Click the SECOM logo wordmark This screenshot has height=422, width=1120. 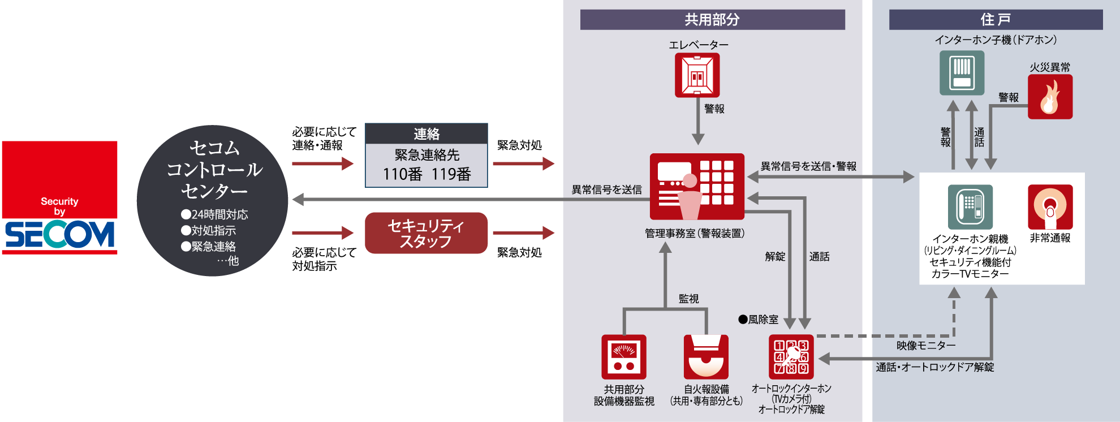(x=60, y=234)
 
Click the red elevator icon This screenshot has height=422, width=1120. (x=697, y=75)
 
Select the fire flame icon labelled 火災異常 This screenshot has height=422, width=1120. (x=1050, y=97)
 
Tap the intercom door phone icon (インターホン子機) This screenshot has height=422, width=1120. (x=962, y=73)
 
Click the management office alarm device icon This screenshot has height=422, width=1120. (x=697, y=186)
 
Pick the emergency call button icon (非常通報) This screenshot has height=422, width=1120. (x=1050, y=206)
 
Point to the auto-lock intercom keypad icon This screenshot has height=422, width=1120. (x=791, y=356)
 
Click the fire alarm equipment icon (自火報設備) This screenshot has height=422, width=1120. (x=706, y=356)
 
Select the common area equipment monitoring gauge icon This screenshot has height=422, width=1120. (x=623, y=356)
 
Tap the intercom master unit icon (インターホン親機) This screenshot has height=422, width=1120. (x=970, y=206)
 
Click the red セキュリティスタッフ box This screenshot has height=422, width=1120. (x=426, y=233)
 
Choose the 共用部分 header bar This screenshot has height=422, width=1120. (x=712, y=20)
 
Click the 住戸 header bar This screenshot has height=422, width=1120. (x=996, y=20)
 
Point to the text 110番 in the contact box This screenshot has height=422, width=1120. (x=402, y=174)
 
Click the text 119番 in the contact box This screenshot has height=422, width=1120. (x=451, y=174)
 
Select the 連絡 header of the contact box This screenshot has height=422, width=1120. (x=426, y=134)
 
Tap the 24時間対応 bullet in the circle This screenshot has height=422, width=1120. (x=215, y=214)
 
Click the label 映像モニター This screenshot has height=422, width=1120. (x=926, y=346)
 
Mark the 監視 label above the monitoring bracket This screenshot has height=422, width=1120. (x=688, y=299)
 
